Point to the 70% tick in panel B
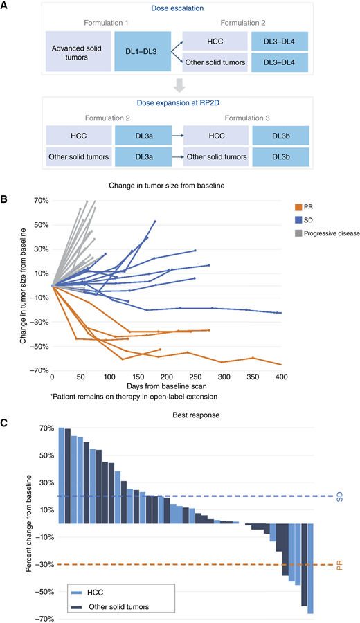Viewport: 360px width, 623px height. click(x=37, y=201)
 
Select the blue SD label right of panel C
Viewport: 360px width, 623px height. click(x=339, y=496)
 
